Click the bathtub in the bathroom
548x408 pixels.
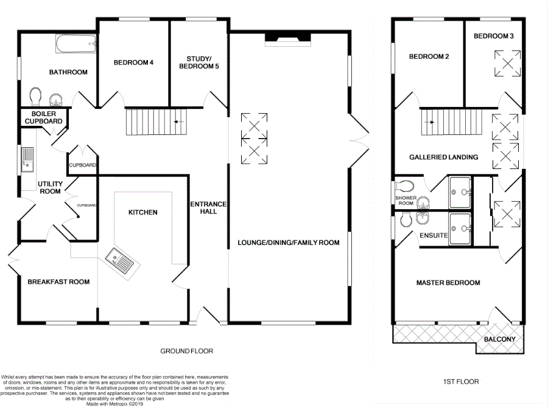tap(76, 44)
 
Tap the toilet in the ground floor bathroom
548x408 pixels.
tap(35, 96)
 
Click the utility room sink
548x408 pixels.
tap(27, 159)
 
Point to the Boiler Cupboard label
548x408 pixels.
tap(44, 117)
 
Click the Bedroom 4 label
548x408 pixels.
tap(133, 63)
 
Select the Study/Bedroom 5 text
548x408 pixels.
tap(199, 63)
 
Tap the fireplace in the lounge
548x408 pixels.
tap(287, 39)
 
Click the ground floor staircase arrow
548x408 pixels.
tap(179, 122)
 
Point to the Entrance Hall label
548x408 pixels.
tap(208, 208)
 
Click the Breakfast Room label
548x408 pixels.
tap(58, 282)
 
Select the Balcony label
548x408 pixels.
tap(500, 339)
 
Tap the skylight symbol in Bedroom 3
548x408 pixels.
tap(507, 63)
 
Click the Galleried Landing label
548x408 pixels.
tap(443, 157)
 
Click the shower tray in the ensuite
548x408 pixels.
tap(460, 229)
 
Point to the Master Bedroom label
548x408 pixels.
tap(448, 283)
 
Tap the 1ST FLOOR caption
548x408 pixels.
tap(461, 382)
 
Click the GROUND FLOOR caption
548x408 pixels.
tap(187, 351)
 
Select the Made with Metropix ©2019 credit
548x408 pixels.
tap(114, 404)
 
